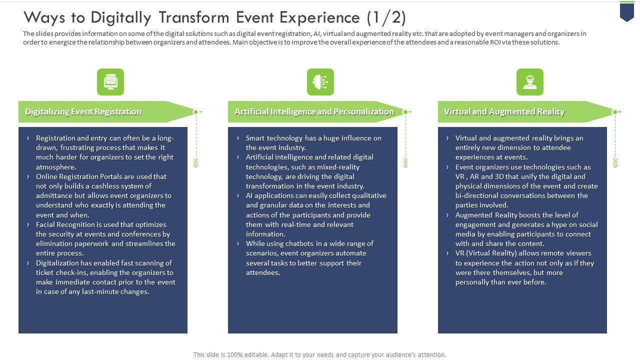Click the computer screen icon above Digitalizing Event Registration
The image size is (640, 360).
(110, 82)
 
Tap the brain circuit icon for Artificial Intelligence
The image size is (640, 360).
(320, 82)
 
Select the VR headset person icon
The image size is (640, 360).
(529, 82)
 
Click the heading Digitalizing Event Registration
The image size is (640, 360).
(83, 112)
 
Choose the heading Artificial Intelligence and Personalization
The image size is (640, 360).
(314, 112)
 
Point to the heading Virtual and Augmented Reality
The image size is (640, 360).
(504, 112)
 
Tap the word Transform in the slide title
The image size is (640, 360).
(197, 17)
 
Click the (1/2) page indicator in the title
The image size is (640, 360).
(385, 17)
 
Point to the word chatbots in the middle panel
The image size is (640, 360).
(299, 243)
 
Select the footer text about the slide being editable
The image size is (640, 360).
(319, 354)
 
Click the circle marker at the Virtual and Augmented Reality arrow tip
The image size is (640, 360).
(615, 112)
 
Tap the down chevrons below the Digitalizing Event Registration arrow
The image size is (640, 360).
(196, 163)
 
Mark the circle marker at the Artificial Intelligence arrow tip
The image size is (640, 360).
(405, 112)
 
